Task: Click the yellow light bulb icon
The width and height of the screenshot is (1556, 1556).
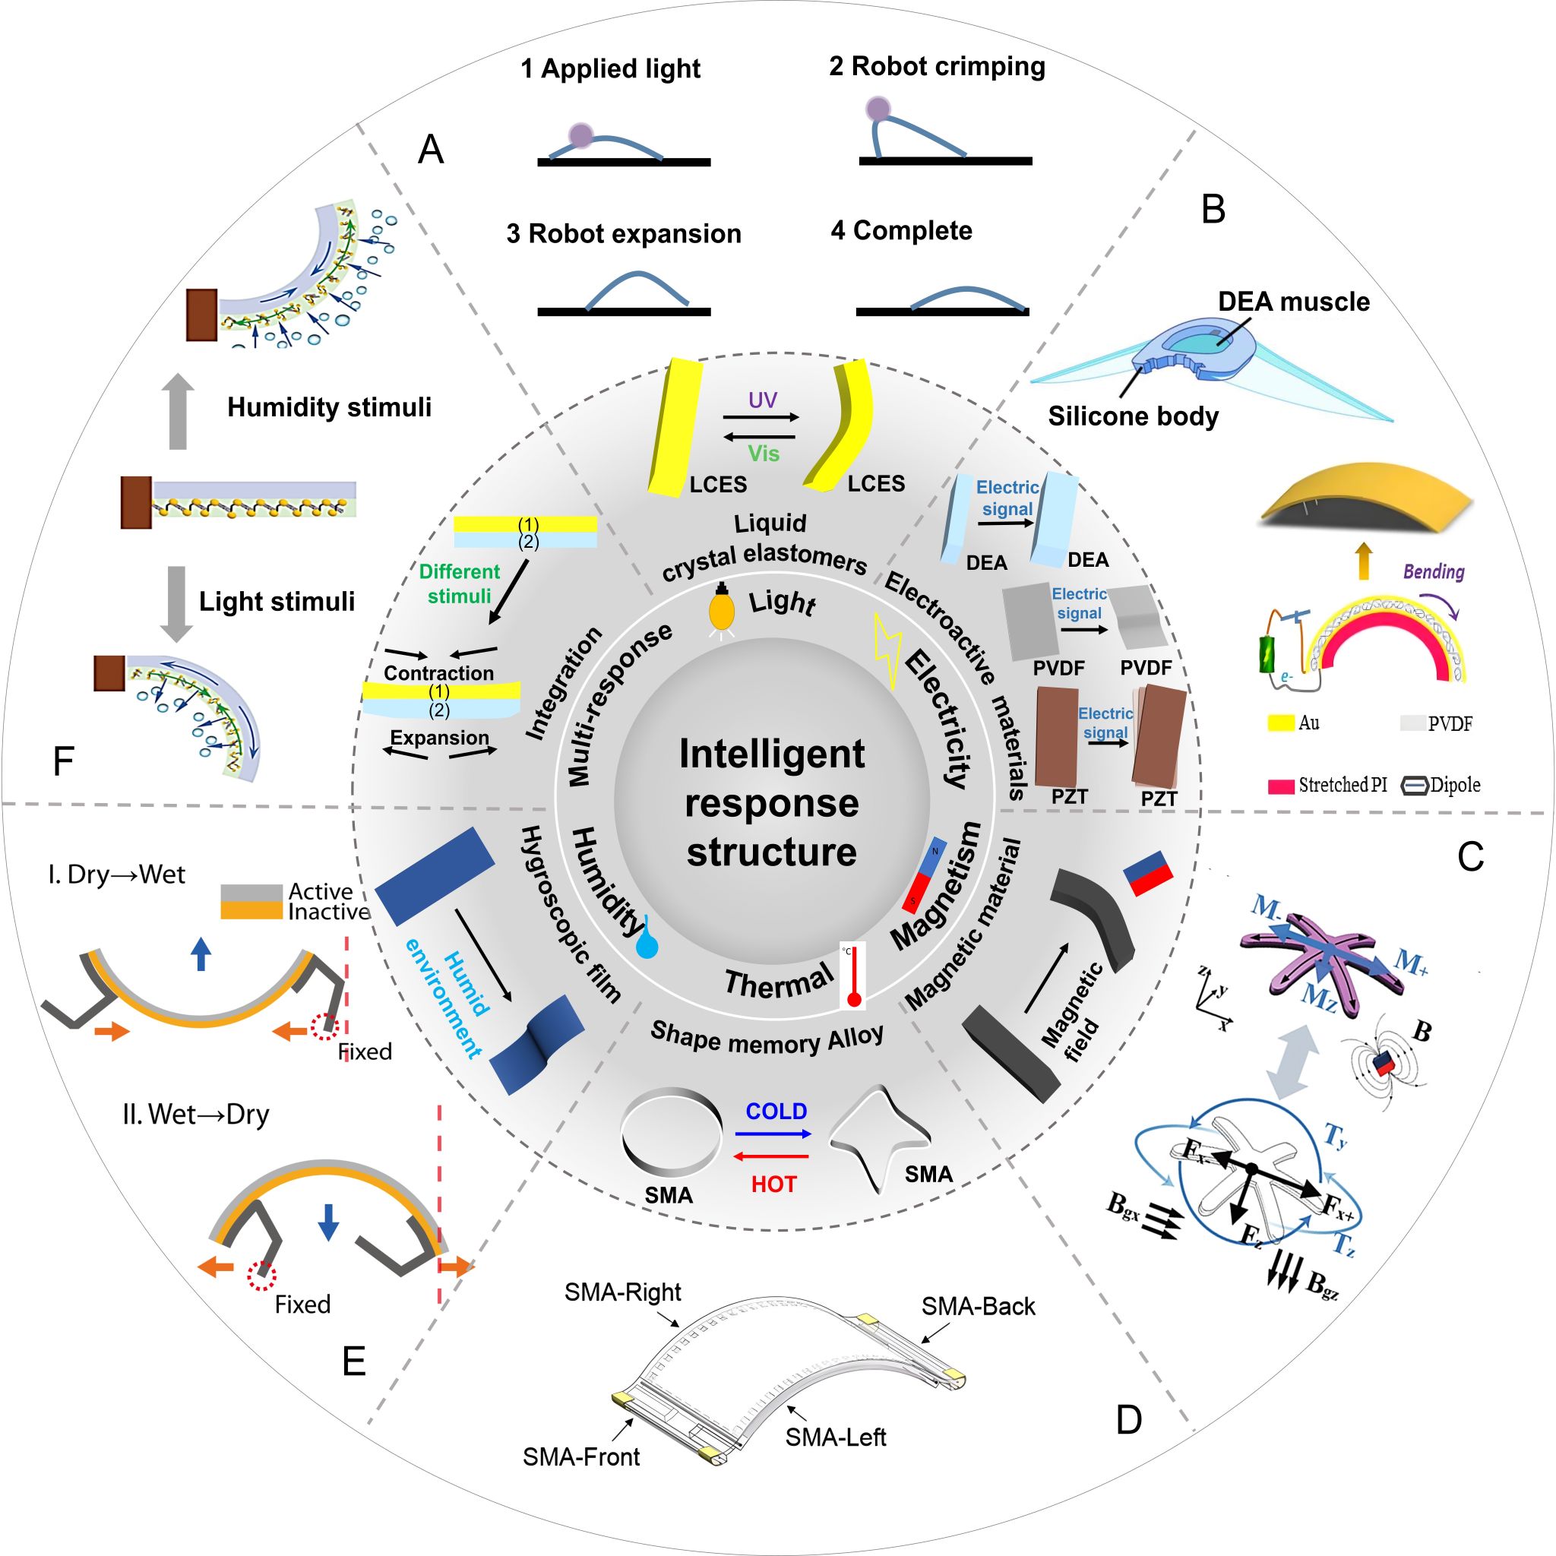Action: click(x=722, y=609)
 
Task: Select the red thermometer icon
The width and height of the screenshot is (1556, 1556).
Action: click(x=853, y=976)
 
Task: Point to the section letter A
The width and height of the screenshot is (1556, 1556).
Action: click(x=431, y=150)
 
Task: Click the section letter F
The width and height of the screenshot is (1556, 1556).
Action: click(x=63, y=761)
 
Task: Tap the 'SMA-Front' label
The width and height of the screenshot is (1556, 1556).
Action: click(x=580, y=1457)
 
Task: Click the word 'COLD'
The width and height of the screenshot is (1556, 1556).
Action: click(x=776, y=1112)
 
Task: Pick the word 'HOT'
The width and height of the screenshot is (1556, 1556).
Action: click(x=773, y=1184)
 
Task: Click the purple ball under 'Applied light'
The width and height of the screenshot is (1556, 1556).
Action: click(x=580, y=135)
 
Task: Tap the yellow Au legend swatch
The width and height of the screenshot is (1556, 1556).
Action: click(x=1280, y=723)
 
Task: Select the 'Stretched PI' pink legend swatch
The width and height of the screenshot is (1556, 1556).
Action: click(x=1280, y=786)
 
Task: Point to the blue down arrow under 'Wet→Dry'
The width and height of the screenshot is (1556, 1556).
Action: click(x=327, y=1222)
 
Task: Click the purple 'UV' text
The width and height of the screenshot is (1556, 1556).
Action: click(x=762, y=400)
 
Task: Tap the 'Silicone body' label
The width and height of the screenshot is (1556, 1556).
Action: click(x=1132, y=416)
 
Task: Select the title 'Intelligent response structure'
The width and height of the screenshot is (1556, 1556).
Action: click(x=772, y=803)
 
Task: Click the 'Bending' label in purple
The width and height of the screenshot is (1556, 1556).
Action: click(x=1434, y=572)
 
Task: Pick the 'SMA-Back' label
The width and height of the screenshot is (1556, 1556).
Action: click(x=978, y=1306)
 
